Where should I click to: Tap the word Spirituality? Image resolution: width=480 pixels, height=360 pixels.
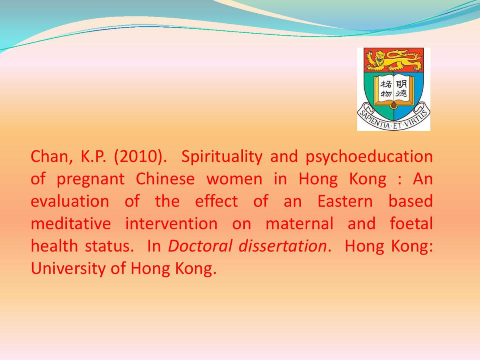(x=222, y=157)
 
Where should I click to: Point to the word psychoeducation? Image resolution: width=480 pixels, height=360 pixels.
(x=369, y=157)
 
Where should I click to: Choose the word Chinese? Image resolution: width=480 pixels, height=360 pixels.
(x=165, y=179)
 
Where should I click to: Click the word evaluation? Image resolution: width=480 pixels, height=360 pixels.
(x=70, y=201)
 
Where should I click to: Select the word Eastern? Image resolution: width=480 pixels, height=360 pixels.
(x=345, y=201)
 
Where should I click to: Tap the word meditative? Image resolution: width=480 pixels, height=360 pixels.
(x=71, y=223)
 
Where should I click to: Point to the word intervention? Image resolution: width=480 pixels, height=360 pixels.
(x=172, y=223)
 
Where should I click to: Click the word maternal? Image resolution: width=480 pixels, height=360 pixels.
(x=300, y=223)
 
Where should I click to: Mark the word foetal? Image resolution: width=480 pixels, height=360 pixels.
(x=411, y=223)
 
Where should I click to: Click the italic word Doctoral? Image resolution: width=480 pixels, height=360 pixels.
(x=200, y=246)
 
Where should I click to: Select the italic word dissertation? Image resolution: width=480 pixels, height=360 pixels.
(x=283, y=246)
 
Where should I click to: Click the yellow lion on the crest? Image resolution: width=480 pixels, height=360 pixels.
(x=394, y=60)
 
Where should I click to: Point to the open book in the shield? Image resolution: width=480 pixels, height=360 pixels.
(x=394, y=91)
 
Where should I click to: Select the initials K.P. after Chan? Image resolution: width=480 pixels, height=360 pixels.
(x=93, y=157)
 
